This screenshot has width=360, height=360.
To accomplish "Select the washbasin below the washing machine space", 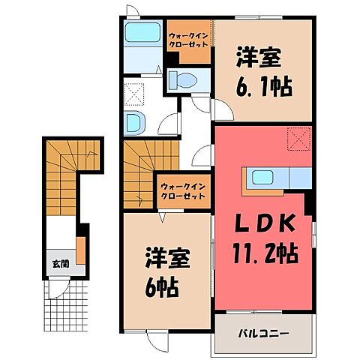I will click(x=135, y=121).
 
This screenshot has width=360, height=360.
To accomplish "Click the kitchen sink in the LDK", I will click(x=265, y=178).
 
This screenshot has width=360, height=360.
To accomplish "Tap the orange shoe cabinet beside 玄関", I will click(x=81, y=248).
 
